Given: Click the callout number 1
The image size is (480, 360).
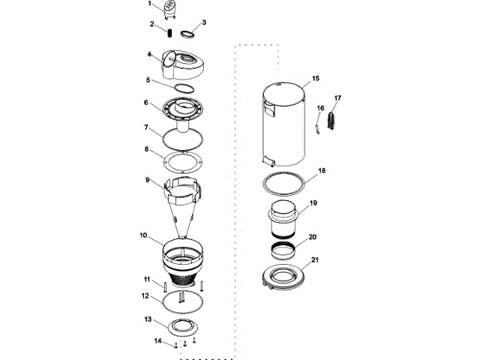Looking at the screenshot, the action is pos(150,4).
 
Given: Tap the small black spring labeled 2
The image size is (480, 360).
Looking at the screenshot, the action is pos(169,33).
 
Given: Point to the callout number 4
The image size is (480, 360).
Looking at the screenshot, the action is pos(149,55).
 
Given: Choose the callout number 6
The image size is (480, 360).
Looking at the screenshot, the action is pos(146,102).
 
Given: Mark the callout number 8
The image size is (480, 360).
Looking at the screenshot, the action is pos(147,149).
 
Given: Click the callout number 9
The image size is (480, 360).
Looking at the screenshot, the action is pos(148,180).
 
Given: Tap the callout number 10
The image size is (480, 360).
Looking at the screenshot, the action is pos(143,235).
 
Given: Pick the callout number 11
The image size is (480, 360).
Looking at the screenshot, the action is pos(147,279).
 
